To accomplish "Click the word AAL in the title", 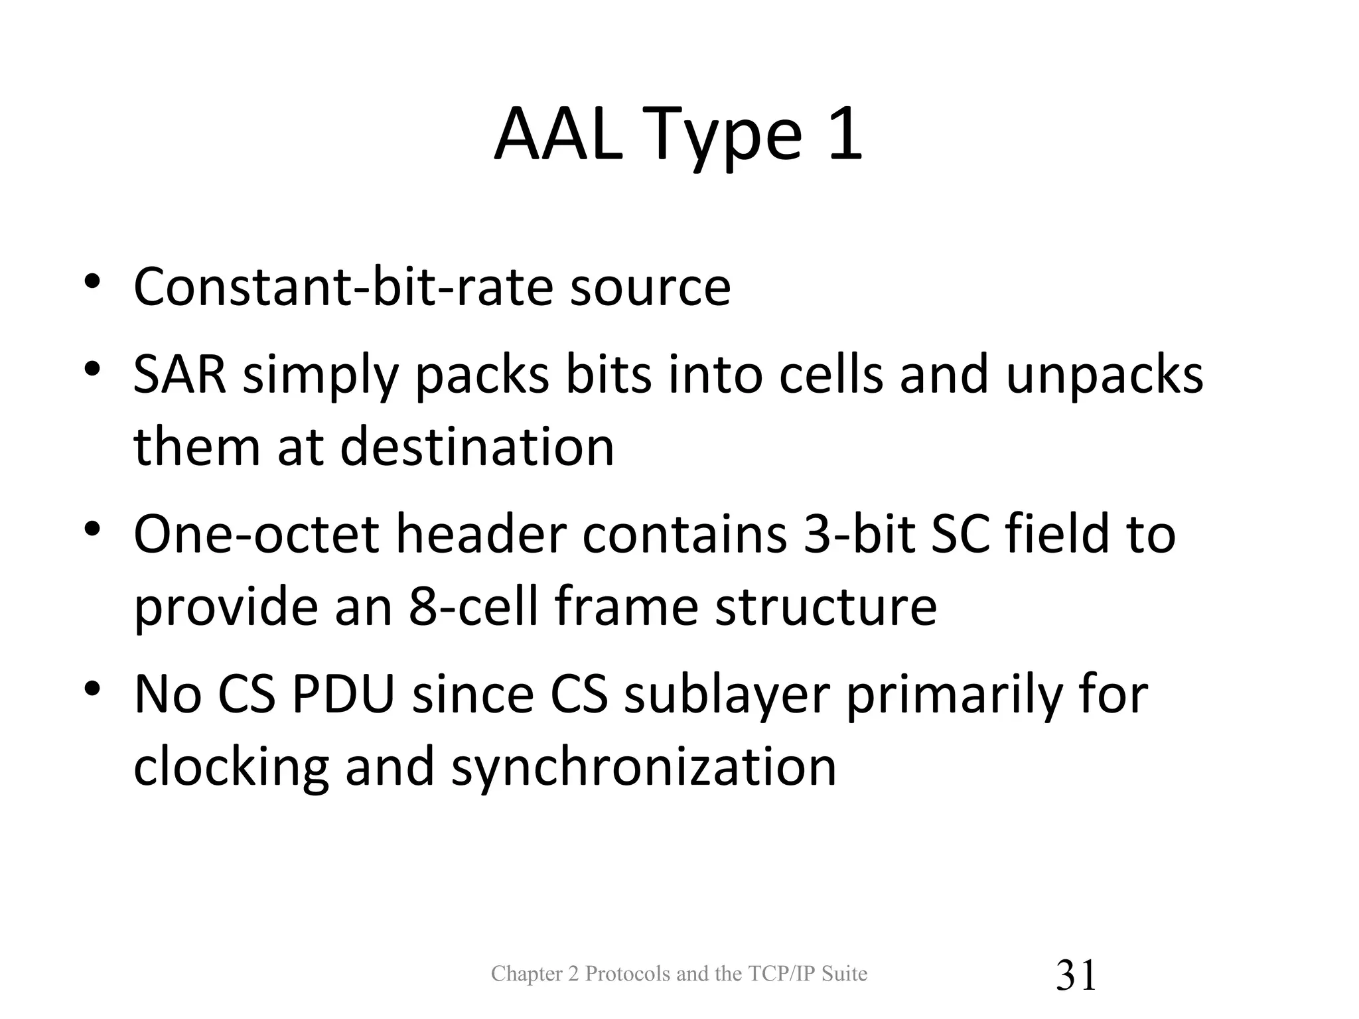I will click(x=559, y=135).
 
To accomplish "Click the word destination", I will click(x=477, y=446).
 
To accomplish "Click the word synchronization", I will click(x=644, y=768).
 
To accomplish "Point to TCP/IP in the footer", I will click(x=781, y=974).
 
